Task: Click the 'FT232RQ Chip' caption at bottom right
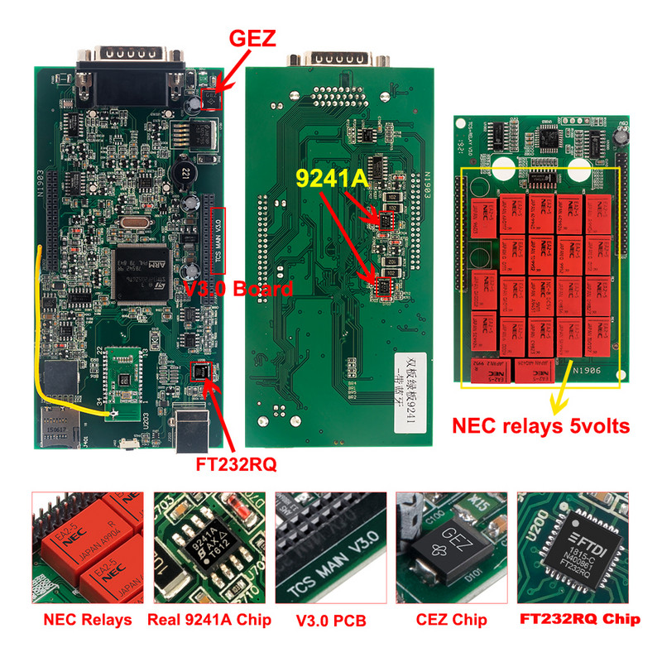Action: tap(578, 620)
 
